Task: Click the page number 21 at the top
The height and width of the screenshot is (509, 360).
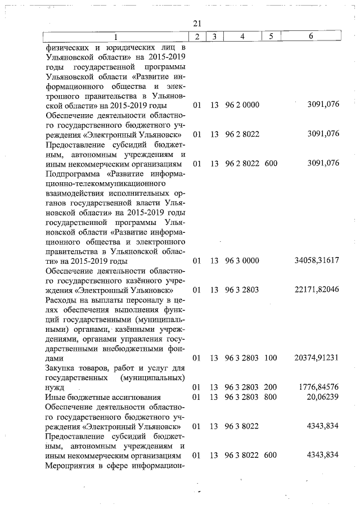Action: (196, 23)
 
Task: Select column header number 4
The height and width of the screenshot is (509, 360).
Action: (242, 37)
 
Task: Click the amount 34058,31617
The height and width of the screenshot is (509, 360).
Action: (316, 261)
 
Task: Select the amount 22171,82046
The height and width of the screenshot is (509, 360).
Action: (316, 290)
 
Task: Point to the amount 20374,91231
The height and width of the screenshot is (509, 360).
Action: (316, 358)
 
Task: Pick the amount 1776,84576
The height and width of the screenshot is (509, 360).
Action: (318, 388)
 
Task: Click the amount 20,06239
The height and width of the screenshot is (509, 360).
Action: (322, 397)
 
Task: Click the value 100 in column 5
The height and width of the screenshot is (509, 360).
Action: (271, 358)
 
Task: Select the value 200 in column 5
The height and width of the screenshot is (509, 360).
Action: (271, 388)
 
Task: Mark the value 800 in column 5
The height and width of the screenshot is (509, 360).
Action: (271, 397)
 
